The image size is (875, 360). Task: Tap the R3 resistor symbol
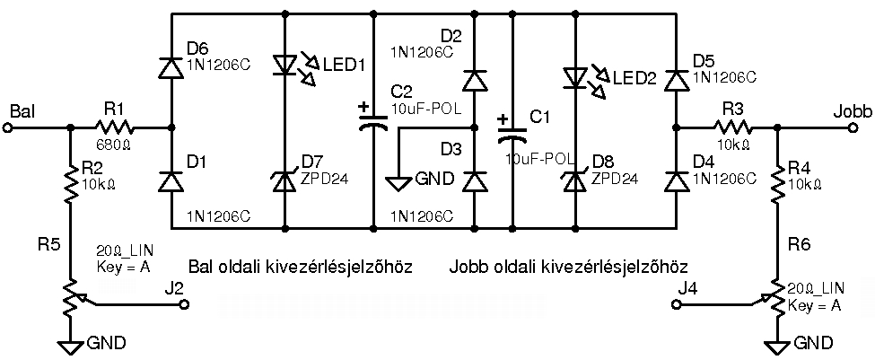pyautogui.click(x=734, y=127)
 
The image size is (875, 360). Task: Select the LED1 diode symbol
pyautogui.click(x=285, y=68)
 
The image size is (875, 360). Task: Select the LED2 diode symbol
pyautogui.click(x=575, y=77)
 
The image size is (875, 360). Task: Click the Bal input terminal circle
pyautogui.click(x=9, y=127)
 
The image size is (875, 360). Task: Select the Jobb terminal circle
pyautogui.click(x=853, y=127)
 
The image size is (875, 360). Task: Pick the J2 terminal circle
pyautogui.click(x=187, y=305)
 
